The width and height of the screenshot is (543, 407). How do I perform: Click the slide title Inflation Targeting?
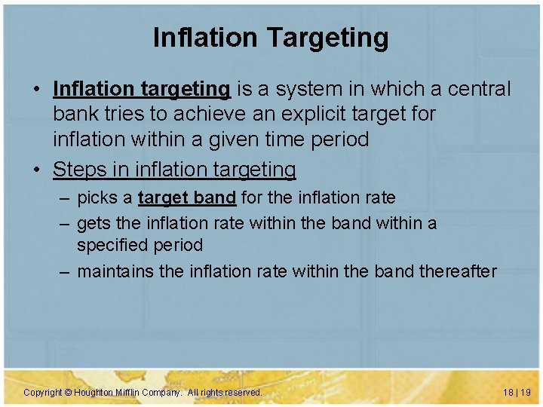[x=271, y=37]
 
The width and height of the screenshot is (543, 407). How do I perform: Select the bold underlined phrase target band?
[x=187, y=198]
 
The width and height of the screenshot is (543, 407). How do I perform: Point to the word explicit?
[x=302, y=115]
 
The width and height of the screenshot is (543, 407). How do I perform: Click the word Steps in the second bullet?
[x=78, y=170]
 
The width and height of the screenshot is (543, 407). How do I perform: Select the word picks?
[x=97, y=198]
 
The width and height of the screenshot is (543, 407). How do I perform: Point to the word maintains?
[x=116, y=271]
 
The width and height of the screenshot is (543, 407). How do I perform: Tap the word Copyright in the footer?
[x=42, y=393]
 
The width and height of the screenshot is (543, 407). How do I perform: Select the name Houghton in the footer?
[x=94, y=393]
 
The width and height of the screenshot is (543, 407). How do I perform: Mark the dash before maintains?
[x=65, y=271]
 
